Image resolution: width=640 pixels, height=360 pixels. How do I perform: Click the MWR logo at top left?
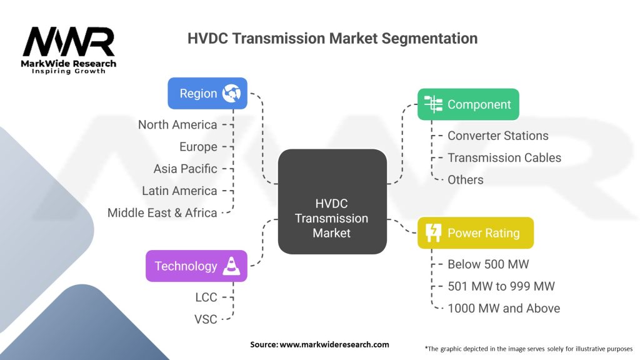point(69,50)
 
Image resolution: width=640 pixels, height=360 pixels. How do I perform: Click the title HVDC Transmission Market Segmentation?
point(332,38)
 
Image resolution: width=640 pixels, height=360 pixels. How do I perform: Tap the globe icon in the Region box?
point(231,94)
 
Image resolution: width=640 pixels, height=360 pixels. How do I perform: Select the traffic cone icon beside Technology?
point(231,266)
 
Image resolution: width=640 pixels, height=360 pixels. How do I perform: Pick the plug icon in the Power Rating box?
point(433,232)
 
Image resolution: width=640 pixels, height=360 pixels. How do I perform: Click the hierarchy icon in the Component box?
point(433,104)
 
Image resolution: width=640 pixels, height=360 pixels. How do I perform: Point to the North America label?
point(177,124)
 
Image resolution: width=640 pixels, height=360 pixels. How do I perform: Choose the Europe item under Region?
point(198,147)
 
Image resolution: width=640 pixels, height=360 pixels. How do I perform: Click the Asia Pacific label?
point(185,169)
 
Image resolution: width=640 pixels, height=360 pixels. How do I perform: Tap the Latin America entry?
point(179,191)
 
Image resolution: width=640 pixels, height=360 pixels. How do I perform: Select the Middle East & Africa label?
point(162,212)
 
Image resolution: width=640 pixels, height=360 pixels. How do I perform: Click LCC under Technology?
point(206,297)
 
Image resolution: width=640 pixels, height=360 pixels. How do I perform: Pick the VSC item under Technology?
point(206,319)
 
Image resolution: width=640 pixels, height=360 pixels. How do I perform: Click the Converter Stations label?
point(498,136)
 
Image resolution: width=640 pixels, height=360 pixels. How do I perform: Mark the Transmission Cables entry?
point(504,157)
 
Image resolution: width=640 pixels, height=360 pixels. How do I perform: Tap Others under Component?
point(465,179)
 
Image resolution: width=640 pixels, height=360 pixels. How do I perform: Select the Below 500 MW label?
point(488,264)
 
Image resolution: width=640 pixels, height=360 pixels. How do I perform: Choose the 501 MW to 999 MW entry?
point(501,286)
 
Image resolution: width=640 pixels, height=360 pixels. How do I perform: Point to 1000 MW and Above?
point(504,308)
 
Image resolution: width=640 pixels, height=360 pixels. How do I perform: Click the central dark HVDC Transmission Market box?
point(332,202)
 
